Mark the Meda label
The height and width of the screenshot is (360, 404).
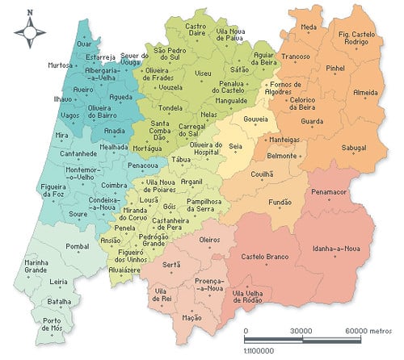pos(308,27)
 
